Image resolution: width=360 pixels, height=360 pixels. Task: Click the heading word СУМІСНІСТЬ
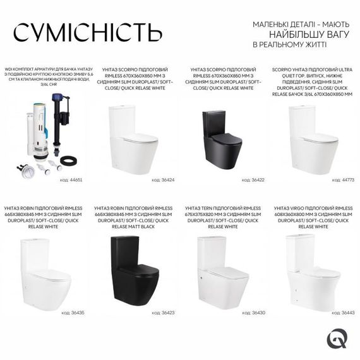click(88, 31)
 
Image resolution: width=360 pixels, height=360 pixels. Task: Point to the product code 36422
click(255, 179)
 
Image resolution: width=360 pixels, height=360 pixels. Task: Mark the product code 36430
click(255, 312)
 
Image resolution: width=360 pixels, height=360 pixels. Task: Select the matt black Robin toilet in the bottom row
click(129, 269)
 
